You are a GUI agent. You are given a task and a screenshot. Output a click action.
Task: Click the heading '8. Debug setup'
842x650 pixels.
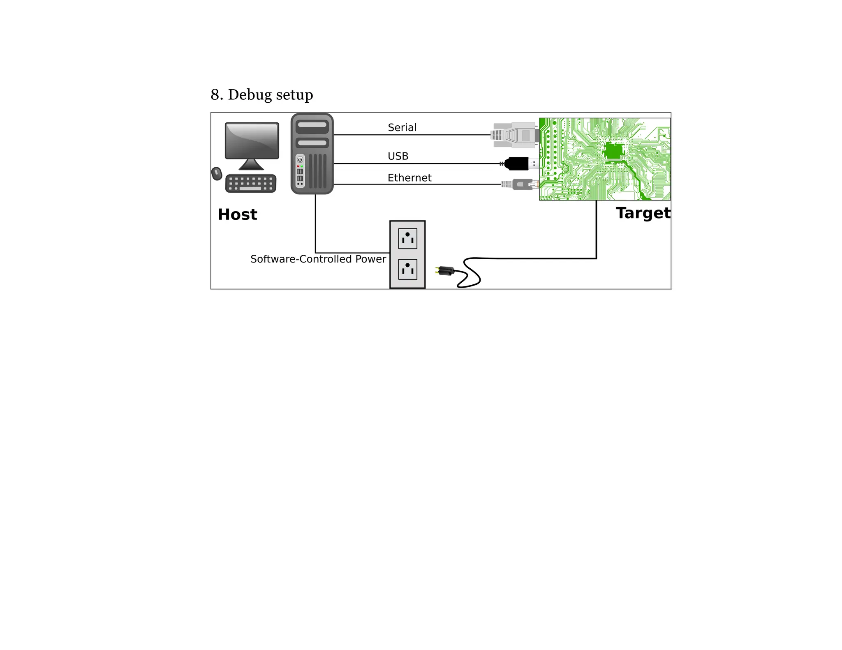click(261, 95)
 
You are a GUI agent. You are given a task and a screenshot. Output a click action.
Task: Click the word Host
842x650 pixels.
click(237, 214)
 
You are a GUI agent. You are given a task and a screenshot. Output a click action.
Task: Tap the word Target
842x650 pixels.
click(643, 213)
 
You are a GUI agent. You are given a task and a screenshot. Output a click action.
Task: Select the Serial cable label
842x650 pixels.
click(402, 127)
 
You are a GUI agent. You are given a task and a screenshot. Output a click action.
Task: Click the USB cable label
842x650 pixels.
click(398, 156)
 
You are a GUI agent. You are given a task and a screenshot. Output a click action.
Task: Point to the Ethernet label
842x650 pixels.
click(409, 178)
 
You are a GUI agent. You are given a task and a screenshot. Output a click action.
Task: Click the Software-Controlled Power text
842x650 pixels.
click(318, 259)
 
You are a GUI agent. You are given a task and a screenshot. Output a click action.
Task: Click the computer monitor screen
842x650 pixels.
click(252, 140)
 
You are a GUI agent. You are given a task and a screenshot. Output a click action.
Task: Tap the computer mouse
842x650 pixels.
click(216, 173)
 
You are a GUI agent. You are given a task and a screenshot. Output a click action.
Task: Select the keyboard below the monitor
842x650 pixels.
click(251, 183)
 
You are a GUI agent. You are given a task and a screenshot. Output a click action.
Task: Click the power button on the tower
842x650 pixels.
click(300, 160)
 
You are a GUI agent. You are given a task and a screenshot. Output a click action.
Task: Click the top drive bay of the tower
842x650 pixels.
click(312, 125)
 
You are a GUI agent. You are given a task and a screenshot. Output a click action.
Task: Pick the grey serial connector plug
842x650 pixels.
click(515, 135)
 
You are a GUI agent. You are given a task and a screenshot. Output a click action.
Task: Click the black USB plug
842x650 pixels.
click(517, 164)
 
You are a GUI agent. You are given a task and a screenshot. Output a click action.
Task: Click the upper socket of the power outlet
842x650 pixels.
click(407, 238)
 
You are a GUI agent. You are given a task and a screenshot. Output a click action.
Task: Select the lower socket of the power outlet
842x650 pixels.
click(407, 269)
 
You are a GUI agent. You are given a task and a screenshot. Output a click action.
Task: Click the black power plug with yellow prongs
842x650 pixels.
click(446, 271)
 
